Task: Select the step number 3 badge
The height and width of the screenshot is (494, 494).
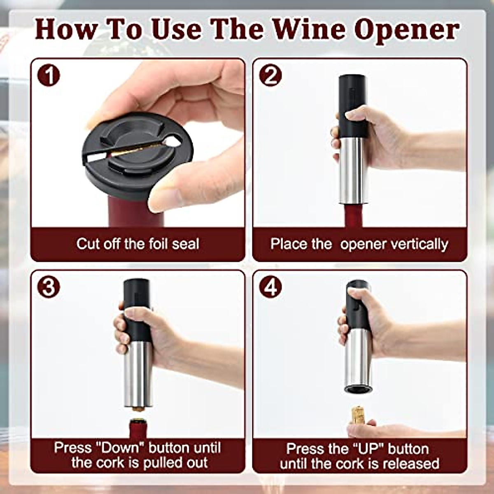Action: (x=49, y=287)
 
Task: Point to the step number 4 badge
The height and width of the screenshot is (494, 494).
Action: (x=270, y=287)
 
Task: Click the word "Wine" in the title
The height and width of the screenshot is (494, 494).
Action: (x=309, y=30)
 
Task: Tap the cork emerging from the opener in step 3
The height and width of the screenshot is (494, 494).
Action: (x=137, y=410)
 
